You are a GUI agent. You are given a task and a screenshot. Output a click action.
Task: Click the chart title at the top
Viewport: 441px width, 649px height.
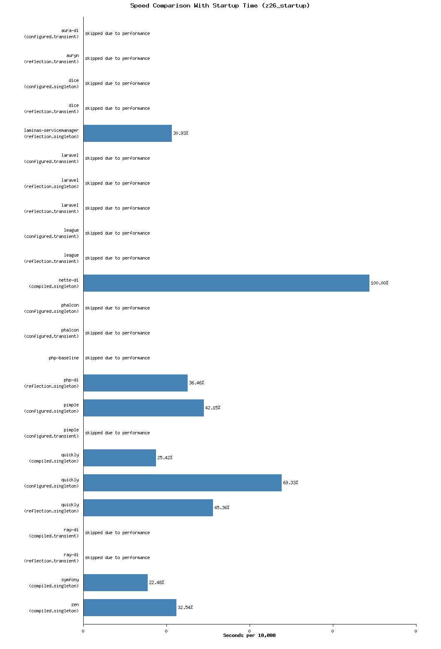(220, 5)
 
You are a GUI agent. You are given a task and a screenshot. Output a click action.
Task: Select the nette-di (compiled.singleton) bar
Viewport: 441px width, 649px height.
(226, 283)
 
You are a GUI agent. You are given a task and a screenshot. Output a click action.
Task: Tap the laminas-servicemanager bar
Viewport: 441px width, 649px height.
(127, 133)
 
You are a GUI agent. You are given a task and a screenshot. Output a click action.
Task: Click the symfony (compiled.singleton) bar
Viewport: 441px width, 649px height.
(115, 582)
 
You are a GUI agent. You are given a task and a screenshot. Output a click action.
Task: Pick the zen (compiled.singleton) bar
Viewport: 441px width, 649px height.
(130, 607)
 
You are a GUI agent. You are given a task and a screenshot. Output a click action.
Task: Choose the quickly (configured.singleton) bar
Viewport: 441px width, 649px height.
(182, 483)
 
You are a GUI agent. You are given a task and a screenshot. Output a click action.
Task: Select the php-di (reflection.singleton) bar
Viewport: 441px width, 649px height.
(135, 383)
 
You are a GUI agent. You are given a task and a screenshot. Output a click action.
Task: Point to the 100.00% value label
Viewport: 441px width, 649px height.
(379, 283)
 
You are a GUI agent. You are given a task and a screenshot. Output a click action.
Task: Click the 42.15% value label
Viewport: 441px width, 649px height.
(213, 408)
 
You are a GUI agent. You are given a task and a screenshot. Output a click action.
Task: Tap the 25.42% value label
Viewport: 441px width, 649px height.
(165, 458)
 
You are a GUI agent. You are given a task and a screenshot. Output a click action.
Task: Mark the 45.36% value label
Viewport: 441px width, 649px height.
(222, 508)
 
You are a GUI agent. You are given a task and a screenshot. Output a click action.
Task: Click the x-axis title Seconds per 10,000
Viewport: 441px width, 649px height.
(249, 635)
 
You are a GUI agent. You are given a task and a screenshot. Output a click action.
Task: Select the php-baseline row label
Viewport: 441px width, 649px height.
(64, 358)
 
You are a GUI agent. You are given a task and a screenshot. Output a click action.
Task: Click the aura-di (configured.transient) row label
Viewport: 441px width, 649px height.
(52, 33)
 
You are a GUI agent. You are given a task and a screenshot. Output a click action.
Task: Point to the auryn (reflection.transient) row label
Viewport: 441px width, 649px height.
(52, 58)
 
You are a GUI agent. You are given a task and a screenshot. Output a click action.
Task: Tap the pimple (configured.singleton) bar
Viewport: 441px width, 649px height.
(144, 408)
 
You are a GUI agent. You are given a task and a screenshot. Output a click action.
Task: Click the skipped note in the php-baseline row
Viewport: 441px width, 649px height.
(117, 358)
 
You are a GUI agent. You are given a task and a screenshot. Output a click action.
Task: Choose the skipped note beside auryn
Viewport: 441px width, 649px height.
(117, 58)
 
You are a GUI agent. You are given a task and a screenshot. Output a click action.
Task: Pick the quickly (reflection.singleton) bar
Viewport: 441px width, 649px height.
(148, 508)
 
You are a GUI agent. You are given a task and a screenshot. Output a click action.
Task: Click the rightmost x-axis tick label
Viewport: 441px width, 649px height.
(416, 631)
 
